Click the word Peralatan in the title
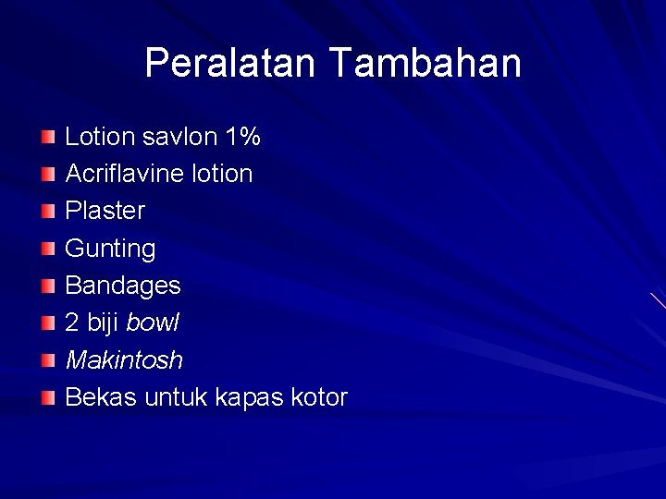click(231, 63)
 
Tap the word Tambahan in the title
click(425, 63)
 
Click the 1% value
click(242, 137)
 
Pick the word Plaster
click(105, 211)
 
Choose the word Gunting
click(110, 249)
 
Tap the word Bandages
click(122, 286)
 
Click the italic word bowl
click(153, 323)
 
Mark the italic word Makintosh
click(124, 359)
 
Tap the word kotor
click(319, 397)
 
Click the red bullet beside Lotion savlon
click(48, 138)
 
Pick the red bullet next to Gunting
click(48, 249)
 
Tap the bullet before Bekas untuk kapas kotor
click(48, 398)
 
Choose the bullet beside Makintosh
click(48, 360)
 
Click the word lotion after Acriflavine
click(218, 174)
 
